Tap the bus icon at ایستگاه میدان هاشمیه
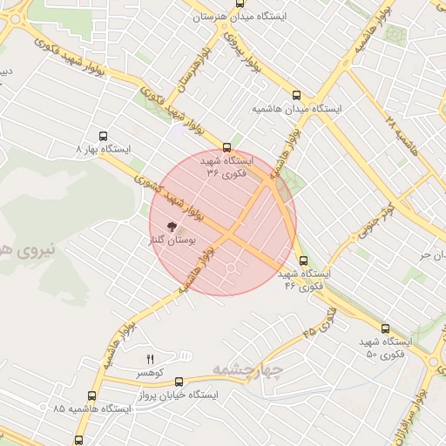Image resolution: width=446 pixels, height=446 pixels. (297, 95)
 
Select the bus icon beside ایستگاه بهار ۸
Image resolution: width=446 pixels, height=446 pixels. (104, 136)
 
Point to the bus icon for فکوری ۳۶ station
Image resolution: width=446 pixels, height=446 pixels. (227, 147)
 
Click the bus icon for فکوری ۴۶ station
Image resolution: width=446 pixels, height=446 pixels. (303, 260)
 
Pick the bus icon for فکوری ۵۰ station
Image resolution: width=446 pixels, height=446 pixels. (386, 328)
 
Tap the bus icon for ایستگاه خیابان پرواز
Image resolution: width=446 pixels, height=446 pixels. (179, 381)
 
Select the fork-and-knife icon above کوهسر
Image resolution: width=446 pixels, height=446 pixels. (150, 359)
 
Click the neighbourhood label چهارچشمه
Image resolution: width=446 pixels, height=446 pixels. (249, 372)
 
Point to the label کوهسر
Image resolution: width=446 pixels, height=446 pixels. (150, 373)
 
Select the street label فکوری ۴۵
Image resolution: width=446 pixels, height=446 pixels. (321, 322)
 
